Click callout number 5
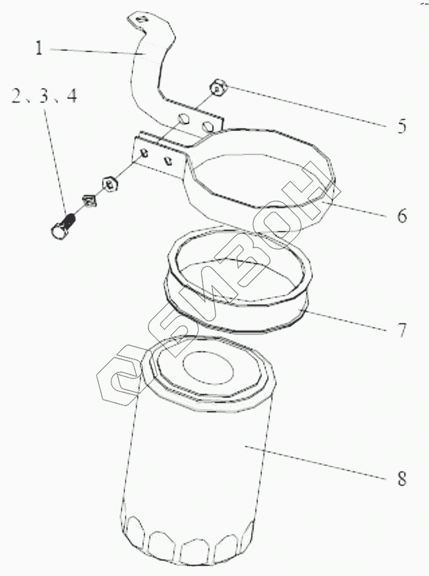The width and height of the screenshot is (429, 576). pyautogui.click(x=401, y=126)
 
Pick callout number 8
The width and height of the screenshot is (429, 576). pyautogui.click(x=400, y=479)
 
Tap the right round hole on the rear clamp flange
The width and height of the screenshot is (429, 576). pyautogui.click(x=209, y=125)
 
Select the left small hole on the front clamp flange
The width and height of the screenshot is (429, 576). pyautogui.click(x=143, y=153)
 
